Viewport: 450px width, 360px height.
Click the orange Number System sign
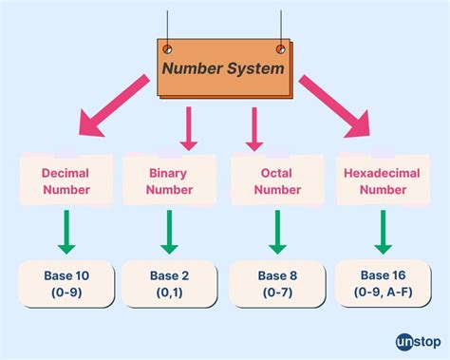[x=223, y=68]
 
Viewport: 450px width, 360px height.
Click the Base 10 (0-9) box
[x=66, y=283]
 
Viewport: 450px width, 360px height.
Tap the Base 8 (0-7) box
[x=278, y=283]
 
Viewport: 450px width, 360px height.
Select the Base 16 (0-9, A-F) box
[x=384, y=283]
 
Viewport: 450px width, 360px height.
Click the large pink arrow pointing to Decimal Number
[x=112, y=107]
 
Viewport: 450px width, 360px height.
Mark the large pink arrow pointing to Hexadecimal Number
[x=336, y=107]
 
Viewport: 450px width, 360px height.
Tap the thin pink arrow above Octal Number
[x=254, y=128]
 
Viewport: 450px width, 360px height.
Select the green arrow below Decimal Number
[x=66, y=233]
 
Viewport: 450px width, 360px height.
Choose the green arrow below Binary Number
[x=169, y=233]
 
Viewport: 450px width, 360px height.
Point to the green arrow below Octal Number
[x=276, y=233]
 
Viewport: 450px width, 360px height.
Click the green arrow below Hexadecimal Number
[x=383, y=233]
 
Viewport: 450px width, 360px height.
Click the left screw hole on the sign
[x=168, y=49]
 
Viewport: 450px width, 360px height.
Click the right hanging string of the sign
[x=281, y=24]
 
